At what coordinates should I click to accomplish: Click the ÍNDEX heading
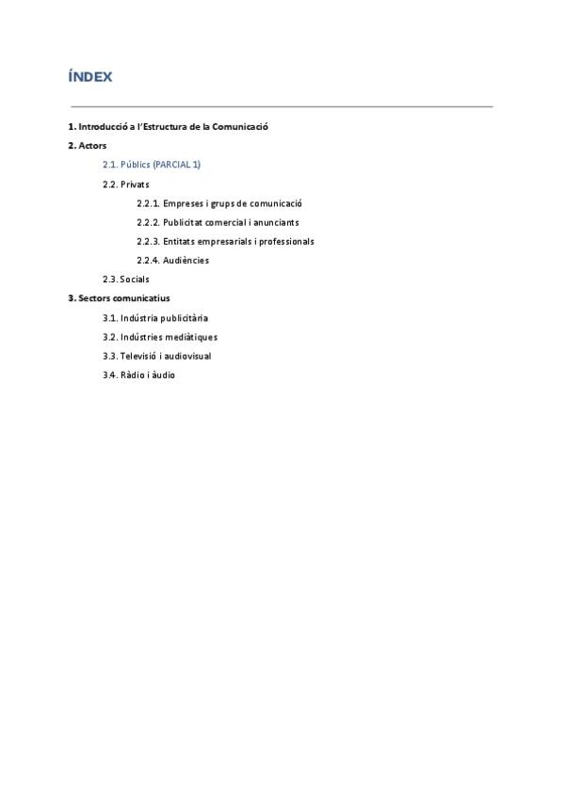pyautogui.click(x=89, y=77)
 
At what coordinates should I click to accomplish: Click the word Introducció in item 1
pyautogui.click(x=105, y=127)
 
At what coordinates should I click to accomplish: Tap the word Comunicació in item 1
pyautogui.click(x=243, y=127)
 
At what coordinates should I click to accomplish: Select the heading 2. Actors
pyautogui.click(x=88, y=146)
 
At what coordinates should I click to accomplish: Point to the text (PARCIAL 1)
pyautogui.click(x=177, y=165)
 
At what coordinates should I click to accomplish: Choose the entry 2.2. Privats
pyautogui.click(x=126, y=184)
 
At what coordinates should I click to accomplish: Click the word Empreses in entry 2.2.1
pyautogui.click(x=184, y=203)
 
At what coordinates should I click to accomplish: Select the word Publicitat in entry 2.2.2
pyautogui.click(x=186, y=222)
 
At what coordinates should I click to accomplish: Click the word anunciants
pyautogui.click(x=275, y=222)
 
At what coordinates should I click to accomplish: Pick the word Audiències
pyautogui.click(x=186, y=261)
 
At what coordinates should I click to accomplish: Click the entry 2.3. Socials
pyautogui.click(x=126, y=279)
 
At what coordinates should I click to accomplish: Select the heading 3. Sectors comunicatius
pyautogui.click(x=119, y=298)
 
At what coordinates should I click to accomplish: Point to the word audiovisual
pyautogui.click(x=187, y=357)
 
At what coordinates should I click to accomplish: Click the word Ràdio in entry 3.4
pyautogui.click(x=132, y=375)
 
